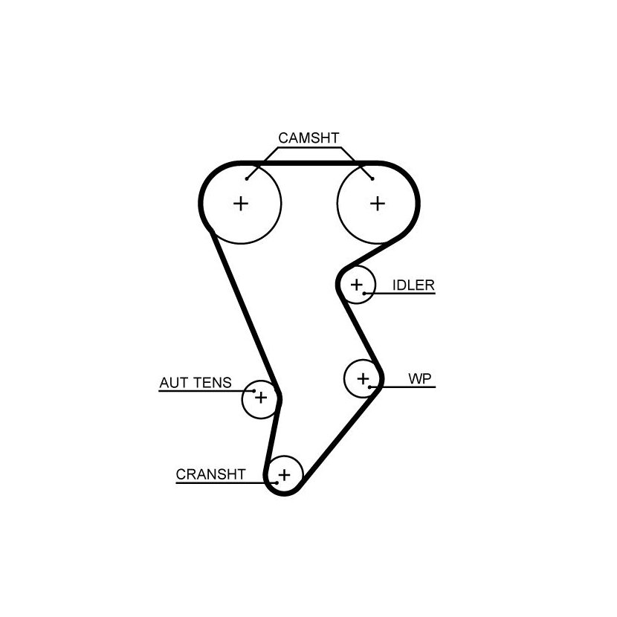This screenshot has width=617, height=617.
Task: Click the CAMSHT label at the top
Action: click(x=308, y=138)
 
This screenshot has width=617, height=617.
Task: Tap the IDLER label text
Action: click(x=413, y=285)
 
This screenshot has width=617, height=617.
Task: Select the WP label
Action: click(x=420, y=379)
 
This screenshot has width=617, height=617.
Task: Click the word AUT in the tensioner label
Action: click(x=172, y=383)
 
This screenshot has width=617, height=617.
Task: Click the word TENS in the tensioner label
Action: click(x=213, y=383)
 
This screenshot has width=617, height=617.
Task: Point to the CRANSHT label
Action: click(x=210, y=474)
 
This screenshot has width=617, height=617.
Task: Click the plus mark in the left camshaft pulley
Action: click(x=241, y=204)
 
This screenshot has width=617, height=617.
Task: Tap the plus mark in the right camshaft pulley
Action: click(x=378, y=204)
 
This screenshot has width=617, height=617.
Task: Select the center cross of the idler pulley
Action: click(x=357, y=285)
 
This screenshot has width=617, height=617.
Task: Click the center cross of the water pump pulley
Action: click(x=364, y=379)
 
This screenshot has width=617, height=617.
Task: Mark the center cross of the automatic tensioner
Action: click(x=261, y=398)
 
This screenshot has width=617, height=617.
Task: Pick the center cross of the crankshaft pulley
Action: click(x=284, y=475)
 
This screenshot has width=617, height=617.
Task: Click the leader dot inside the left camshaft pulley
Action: click(x=247, y=179)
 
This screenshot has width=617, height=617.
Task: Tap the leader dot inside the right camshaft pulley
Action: click(x=372, y=179)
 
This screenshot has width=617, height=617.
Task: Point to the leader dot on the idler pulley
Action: click(x=364, y=294)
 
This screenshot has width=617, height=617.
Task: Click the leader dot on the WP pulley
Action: click(x=370, y=387)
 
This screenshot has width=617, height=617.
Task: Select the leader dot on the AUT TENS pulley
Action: click(x=253, y=391)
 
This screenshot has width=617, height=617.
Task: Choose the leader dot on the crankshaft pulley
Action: click(x=277, y=482)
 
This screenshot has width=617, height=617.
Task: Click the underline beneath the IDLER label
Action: click(x=400, y=294)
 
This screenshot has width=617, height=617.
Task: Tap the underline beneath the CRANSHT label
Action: click(x=226, y=482)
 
